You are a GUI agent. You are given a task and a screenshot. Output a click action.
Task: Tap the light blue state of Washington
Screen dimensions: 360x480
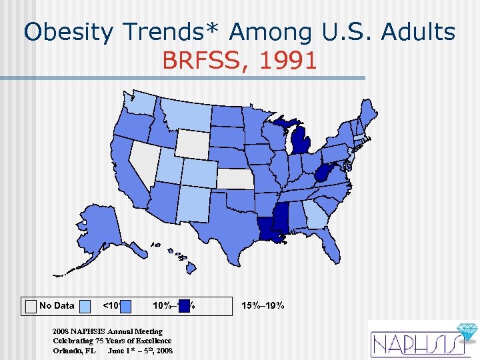pyautogui.click(x=140, y=102)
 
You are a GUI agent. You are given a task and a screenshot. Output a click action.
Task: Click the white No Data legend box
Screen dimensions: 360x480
pyautogui.click(x=31, y=305)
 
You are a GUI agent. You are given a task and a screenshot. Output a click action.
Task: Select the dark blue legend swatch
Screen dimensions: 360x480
pyautogui.click(x=185, y=305)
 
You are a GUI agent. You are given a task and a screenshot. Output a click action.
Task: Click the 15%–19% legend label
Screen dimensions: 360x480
pyautogui.click(x=263, y=305)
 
